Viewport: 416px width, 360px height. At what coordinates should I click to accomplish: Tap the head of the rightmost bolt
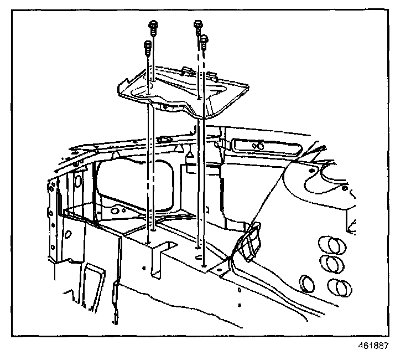(205, 40)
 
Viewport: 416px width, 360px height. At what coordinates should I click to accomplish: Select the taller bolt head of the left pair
(152, 24)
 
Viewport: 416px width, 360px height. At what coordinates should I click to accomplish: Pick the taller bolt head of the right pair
(197, 24)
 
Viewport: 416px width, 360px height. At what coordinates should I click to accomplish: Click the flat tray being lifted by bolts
(183, 91)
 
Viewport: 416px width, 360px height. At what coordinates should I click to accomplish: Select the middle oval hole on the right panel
(333, 264)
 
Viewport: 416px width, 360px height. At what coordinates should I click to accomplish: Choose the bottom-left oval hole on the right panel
(307, 283)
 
